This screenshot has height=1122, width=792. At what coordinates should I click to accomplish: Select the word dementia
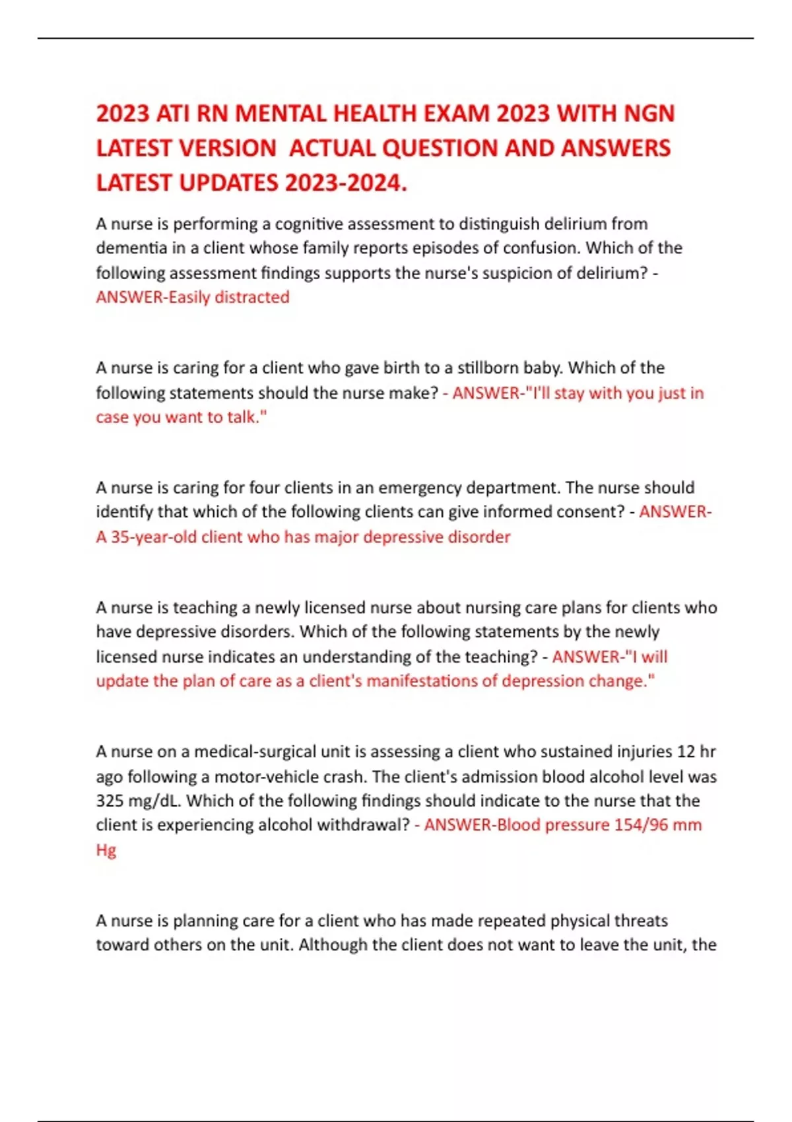(131, 248)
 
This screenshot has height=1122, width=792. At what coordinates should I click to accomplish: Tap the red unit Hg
(106, 850)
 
